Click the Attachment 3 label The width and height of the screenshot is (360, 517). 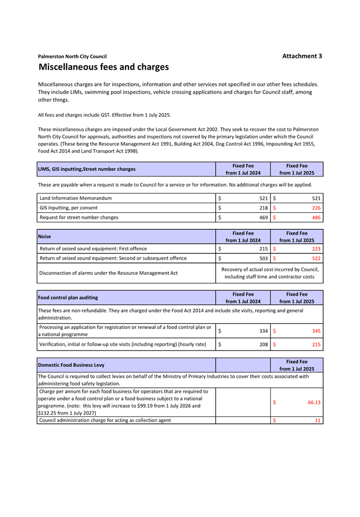coord(302,56)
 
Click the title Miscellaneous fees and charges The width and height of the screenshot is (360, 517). coord(103,67)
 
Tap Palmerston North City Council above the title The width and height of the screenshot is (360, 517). coord(72,56)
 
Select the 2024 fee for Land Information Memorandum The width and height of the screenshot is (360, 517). coord(264,198)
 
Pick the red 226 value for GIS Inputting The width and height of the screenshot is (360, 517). coord(316,208)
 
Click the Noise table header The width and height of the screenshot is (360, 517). coord(44,237)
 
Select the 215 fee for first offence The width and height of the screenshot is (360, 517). coord(264,248)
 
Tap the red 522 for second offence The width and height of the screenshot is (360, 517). coord(316,258)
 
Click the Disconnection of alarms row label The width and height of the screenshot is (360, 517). coord(108,273)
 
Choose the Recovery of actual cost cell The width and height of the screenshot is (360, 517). coord(270,273)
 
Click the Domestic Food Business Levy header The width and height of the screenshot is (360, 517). coord(71,365)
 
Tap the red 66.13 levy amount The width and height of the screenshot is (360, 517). coord(314,402)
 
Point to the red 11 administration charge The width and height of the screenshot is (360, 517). coord(318,420)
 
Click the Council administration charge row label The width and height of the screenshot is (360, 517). coord(105,420)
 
